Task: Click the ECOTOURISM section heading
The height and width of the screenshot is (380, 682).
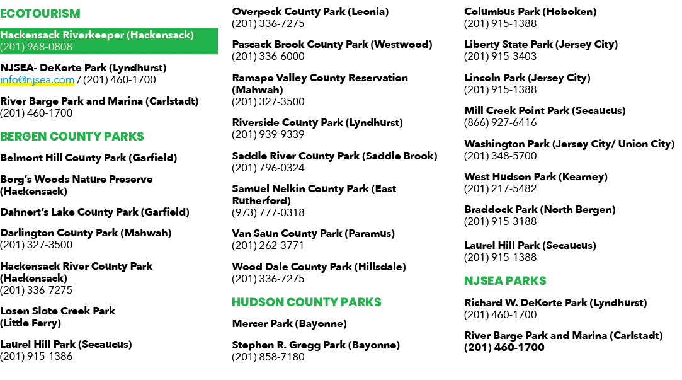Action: click(40, 14)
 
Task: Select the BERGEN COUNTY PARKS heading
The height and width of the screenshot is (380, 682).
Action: click(72, 137)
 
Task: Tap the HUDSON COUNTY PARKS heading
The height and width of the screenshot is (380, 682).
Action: click(306, 302)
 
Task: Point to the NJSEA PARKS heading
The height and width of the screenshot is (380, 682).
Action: click(505, 281)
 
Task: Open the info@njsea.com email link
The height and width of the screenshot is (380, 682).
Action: click(37, 80)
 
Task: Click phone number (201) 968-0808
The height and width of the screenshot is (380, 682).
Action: click(36, 47)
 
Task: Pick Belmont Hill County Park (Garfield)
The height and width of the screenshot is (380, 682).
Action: click(88, 158)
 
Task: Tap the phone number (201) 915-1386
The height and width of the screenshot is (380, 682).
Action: click(36, 357)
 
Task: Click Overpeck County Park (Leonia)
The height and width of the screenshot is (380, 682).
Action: click(310, 12)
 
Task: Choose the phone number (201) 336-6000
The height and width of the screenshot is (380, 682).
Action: click(268, 57)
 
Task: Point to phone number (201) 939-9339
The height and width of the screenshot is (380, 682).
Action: click(268, 134)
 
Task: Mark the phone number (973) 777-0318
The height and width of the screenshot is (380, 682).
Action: click(268, 213)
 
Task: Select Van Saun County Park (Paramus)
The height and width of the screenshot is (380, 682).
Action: click(313, 234)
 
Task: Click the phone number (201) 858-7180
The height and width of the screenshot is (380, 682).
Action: click(268, 357)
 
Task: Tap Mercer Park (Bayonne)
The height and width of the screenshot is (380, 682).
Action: click(289, 324)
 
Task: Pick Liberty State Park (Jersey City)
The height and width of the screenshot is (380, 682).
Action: click(541, 44)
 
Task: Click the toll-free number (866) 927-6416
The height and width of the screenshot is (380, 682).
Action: click(500, 123)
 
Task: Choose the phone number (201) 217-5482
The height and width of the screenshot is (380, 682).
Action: click(500, 189)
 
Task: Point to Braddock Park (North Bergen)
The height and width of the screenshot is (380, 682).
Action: click(540, 210)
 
